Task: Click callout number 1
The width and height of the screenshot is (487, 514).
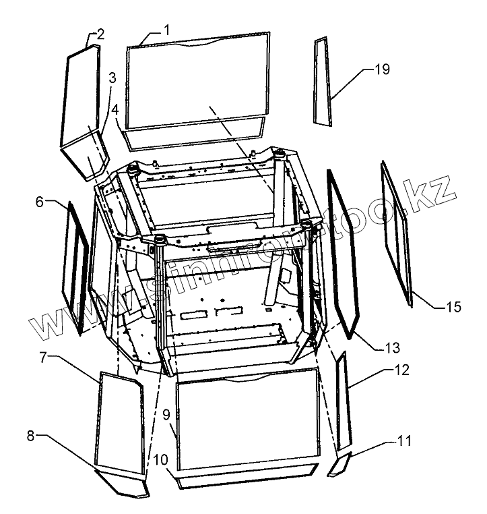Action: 166,30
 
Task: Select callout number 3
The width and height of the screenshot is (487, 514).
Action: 112,77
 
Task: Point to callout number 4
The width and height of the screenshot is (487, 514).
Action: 115,109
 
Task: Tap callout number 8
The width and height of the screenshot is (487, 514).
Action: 30,435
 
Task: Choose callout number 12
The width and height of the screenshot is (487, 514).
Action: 402,370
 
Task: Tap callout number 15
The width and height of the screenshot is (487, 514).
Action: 453,308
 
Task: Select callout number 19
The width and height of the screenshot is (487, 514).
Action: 383,69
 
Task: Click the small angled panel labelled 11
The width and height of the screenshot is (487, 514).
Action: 340,465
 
